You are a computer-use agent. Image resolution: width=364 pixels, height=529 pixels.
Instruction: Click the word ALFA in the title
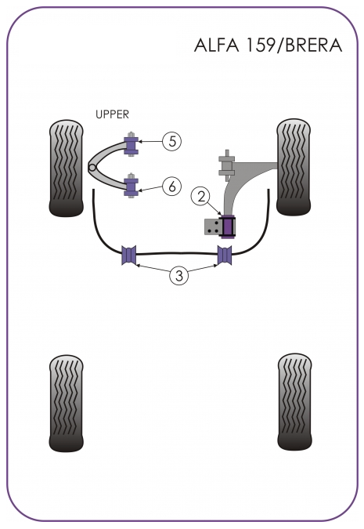[216, 45]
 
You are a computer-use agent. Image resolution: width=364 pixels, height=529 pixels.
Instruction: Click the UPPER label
[112, 114]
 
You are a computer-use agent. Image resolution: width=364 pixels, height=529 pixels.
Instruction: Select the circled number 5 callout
[171, 141]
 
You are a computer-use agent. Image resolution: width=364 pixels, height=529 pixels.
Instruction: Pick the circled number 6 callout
[171, 186]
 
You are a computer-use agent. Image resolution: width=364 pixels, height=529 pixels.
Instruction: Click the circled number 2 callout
[200, 197]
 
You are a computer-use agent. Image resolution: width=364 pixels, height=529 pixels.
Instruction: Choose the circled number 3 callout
[178, 275]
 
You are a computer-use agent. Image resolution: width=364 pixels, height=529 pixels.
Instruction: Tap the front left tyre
[66, 168]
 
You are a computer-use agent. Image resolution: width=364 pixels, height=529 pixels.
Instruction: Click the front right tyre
[294, 167]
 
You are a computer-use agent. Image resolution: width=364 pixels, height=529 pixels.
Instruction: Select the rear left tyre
[66, 403]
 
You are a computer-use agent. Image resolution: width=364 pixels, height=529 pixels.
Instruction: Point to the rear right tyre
[295, 401]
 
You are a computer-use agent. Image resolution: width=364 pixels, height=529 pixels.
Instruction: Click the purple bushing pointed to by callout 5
[131, 145]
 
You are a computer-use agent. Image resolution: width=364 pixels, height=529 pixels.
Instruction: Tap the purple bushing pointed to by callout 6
[131, 185]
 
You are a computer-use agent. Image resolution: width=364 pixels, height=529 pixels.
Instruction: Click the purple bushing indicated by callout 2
[228, 226]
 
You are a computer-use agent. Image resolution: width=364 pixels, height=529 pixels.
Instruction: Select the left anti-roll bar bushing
[128, 255]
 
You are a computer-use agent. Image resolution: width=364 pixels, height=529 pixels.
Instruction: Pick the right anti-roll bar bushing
[225, 255]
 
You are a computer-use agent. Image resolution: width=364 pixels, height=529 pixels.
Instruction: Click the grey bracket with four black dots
[212, 226]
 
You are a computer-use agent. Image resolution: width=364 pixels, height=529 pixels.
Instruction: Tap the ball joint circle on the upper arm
[92, 168]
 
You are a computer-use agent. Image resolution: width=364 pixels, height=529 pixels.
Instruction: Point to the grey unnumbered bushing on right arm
[226, 165]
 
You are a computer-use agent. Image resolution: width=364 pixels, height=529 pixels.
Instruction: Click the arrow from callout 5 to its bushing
[150, 142]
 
